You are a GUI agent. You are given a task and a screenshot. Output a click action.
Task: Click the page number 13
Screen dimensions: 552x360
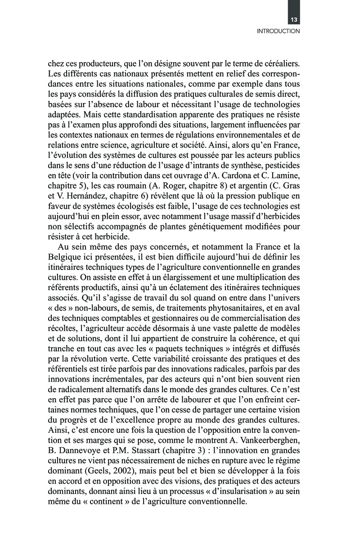(294, 19)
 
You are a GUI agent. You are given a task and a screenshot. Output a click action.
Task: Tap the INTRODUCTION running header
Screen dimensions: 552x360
(278, 31)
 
